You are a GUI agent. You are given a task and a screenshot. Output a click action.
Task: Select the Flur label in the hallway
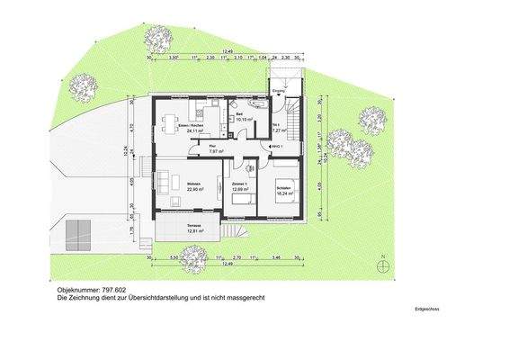click(x=212, y=145)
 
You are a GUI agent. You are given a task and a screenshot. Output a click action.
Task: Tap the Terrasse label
click(x=193, y=224)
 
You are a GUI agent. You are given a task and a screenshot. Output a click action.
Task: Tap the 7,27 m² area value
click(x=279, y=130)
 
